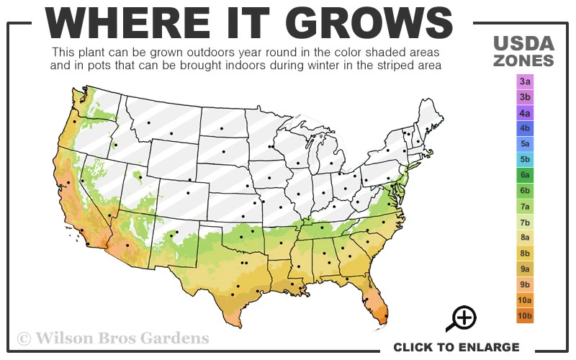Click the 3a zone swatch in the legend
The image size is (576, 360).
[x=525, y=81]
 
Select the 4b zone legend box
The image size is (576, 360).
[x=525, y=128]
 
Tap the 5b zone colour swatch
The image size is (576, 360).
[x=525, y=159]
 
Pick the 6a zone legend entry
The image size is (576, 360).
[x=525, y=175]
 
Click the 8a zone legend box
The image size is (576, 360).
[x=525, y=238]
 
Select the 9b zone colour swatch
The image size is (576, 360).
[x=525, y=284]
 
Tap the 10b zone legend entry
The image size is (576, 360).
[x=525, y=315]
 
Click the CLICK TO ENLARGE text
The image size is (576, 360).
[x=456, y=347]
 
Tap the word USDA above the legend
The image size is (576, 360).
[x=523, y=42]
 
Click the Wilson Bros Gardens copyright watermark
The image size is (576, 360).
[x=113, y=338]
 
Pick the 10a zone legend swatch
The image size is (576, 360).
[x=525, y=300]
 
